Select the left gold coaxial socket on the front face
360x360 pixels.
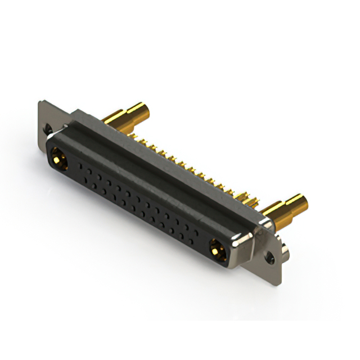[58, 160]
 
